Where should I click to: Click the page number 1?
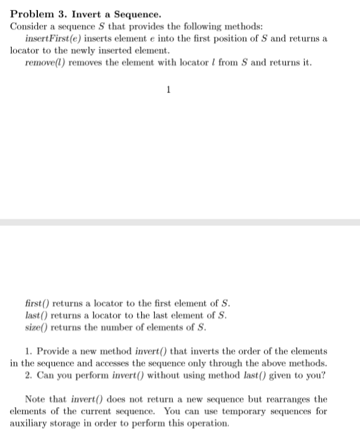point(168,89)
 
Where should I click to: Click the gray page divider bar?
point(180,222)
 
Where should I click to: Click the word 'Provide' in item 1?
point(55,352)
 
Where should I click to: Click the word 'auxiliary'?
point(29,423)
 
